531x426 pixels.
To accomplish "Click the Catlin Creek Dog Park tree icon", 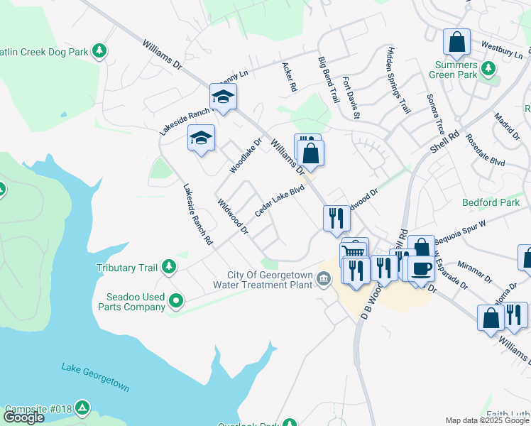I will click(101, 51).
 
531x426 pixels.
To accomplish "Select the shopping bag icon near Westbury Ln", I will click(457, 43).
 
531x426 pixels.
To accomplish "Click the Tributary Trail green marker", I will click(168, 267).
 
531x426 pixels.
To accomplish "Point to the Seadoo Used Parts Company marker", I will click(175, 302).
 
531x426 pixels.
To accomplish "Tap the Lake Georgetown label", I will click(95, 378).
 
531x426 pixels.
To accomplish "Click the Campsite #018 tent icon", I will click(83, 408).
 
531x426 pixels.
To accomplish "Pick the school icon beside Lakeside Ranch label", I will click(223, 97).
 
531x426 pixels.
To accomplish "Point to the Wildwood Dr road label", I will click(233, 217).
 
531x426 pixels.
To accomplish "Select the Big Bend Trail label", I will click(329, 79).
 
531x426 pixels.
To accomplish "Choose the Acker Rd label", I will click(289, 77).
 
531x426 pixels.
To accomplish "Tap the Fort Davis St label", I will click(352, 98).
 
